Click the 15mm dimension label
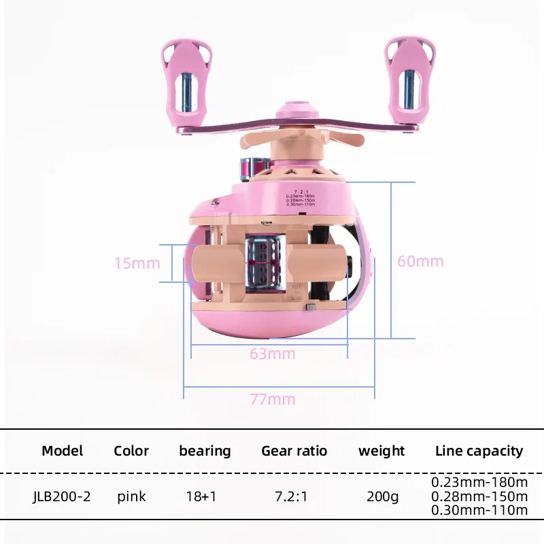click(137, 263)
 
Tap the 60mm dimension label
click(420, 261)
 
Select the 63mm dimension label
click(273, 354)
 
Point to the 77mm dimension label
click(273, 399)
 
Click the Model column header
click(63, 451)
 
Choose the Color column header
click(131, 451)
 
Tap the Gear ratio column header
click(294, 451)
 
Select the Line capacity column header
click(479, 451)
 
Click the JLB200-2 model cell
click(61, 496)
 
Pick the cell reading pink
click(131, 496)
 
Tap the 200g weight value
click(381, 496)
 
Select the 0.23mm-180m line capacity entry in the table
click(479, 482)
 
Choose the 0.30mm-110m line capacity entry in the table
click(479, 510)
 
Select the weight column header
click(381, 451)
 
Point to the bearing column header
click(205, 451)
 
